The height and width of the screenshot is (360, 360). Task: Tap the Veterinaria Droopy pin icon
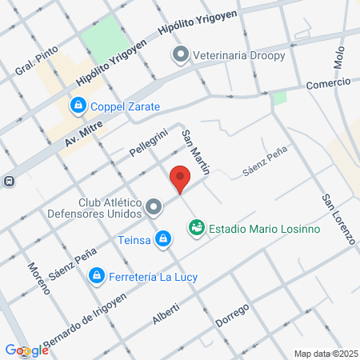point(180,55)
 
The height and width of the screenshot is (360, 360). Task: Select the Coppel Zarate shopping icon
point(78,105)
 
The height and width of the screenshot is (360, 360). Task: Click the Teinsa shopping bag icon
point(163,238)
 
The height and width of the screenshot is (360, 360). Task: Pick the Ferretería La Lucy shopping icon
point(96,276)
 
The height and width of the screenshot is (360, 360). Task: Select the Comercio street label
point(328,83)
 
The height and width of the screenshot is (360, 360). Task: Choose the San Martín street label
point(196,152)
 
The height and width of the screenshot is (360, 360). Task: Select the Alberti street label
point(167,314)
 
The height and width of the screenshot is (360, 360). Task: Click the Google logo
point(26,350)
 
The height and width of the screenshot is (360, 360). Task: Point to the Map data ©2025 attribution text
point(325,353)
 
